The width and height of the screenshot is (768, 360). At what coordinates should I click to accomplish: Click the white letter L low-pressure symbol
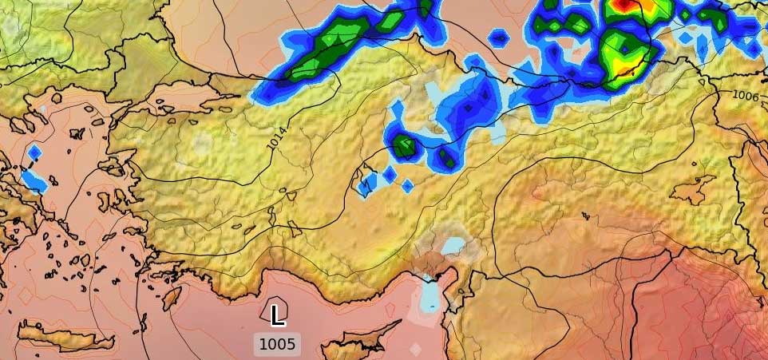pyautogui.click(x=277, y=315)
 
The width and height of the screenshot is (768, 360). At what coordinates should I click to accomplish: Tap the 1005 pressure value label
pyautogui.click(x=277, y=345)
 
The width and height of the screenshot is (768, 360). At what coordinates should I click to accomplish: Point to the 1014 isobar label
pyautogui.click(x=277, y=138)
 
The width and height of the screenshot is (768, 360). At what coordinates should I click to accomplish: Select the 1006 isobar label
pyautogui.click(x=745, y=96)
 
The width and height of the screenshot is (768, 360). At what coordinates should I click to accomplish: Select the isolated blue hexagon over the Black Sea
pyautogui.click(x=499, y=37)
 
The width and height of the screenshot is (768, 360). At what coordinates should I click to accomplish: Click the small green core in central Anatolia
pyautogui.click(x=405, y=146)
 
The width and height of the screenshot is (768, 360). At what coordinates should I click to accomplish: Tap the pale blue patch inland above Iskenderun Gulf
pyautogui.click(x=453, y=245)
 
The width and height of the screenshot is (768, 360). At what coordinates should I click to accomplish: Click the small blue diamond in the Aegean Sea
pyautogui.click(x=34, y=152)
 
